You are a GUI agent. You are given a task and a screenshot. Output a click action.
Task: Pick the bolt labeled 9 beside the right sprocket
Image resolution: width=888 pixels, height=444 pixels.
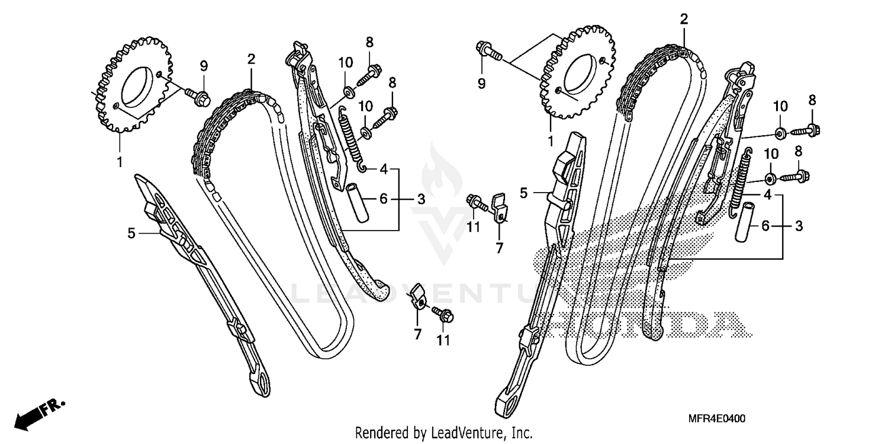(487, 51)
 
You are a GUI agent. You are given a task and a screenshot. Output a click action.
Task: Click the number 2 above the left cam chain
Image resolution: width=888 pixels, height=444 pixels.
(251, 59)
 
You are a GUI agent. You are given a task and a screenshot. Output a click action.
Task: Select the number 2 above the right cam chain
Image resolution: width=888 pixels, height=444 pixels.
(684, 19)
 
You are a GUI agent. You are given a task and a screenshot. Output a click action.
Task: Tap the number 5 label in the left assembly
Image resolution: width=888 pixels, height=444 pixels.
(131, 234)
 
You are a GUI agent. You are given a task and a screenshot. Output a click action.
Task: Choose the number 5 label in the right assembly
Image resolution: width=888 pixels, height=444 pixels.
(523, 193)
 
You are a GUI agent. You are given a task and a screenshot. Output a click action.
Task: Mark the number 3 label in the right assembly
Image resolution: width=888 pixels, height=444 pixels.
(799, 226)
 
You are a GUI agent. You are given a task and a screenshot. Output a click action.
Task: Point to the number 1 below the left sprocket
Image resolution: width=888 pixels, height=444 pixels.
(120, 161)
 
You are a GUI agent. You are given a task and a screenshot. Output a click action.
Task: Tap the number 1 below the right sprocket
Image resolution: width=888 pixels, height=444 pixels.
(551, 142)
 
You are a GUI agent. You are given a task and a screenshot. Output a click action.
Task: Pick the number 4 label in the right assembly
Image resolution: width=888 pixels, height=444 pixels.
(767, 195)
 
